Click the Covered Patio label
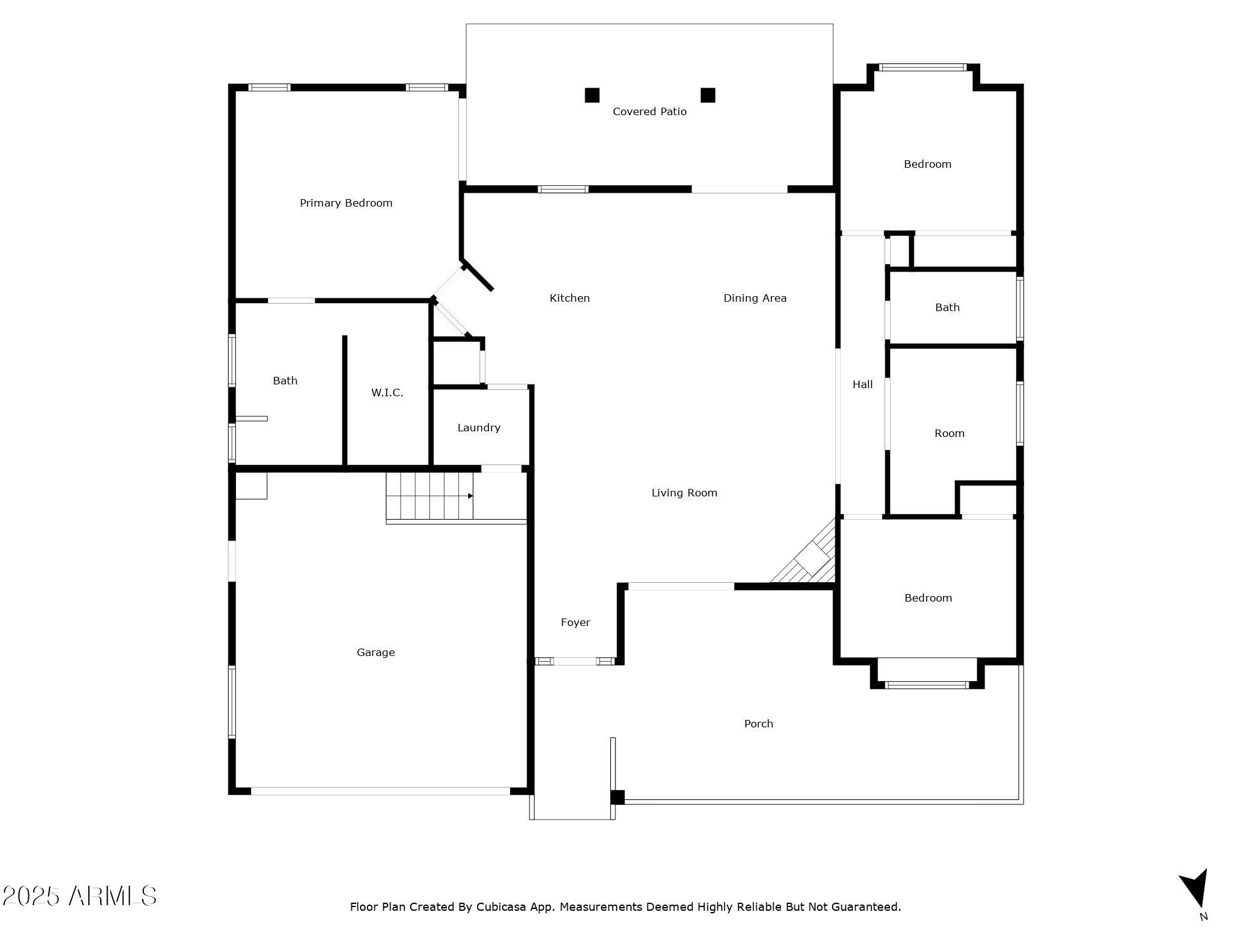649,111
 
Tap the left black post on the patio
592,95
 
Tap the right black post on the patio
707,95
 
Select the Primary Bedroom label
346,203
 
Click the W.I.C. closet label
387,393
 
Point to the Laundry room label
478,428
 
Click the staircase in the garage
429,496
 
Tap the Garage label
376,652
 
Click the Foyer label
575,622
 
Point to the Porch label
758,724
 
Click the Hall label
862,384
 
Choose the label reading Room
949,433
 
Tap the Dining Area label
754,298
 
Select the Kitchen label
569,298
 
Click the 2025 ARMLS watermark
79,896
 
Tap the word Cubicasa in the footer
501,906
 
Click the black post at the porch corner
617,797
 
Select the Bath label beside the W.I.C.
285,381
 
